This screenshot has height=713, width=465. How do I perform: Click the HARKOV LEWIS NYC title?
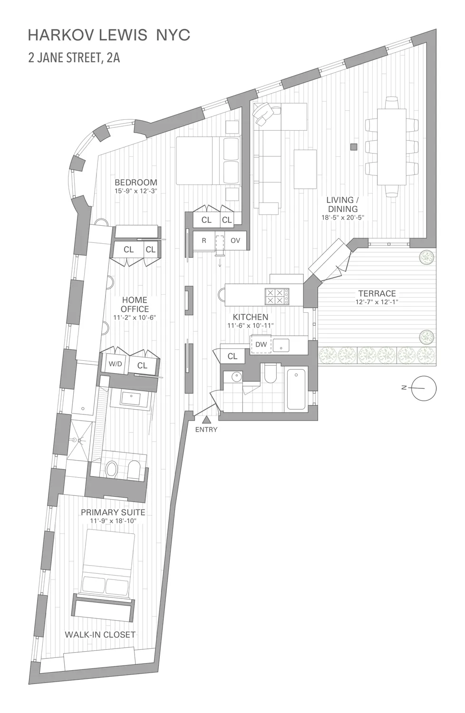point(109,35)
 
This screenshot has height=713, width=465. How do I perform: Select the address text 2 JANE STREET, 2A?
point(74,58)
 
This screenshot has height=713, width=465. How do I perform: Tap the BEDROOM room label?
point(136,182)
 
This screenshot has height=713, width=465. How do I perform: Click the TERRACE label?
point(377,293)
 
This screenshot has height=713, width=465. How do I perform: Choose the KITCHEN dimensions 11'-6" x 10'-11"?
point(250,326)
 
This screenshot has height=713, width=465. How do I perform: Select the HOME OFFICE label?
point(135,304)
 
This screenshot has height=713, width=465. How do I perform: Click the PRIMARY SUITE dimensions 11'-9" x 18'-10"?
point(113,521)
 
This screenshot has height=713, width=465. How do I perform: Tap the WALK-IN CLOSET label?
point(100,634)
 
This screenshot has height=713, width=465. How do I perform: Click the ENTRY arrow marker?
point(206,420)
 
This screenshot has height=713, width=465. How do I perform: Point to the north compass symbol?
point(423,388)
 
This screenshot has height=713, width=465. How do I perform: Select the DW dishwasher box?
point(261,344)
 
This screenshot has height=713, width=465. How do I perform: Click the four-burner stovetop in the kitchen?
point(276,297)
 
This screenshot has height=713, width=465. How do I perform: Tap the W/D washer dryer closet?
point(116,364)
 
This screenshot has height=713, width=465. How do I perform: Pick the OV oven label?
point(235,241)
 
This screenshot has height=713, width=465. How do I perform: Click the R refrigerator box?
point(204,241)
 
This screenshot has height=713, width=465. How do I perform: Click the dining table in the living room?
point(392,147)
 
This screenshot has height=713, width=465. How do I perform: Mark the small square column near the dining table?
point(353,147)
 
